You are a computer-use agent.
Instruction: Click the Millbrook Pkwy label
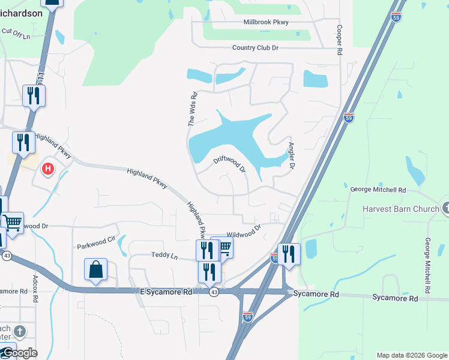(266, 22)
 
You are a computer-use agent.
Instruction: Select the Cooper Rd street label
(340, 41)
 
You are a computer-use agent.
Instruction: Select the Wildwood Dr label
(244, 232)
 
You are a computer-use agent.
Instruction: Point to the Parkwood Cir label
(95, 243)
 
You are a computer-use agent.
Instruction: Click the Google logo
(19, 352)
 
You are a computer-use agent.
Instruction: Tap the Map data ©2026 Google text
(411, 355)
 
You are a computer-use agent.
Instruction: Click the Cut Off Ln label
(16, 33)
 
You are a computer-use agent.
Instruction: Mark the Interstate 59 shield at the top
(396, 17)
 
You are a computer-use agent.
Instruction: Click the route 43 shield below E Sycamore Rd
(214, 292)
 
